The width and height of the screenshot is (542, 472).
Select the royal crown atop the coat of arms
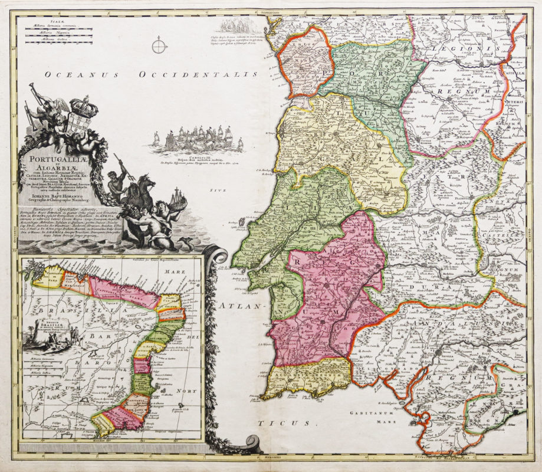coord(83,106)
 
